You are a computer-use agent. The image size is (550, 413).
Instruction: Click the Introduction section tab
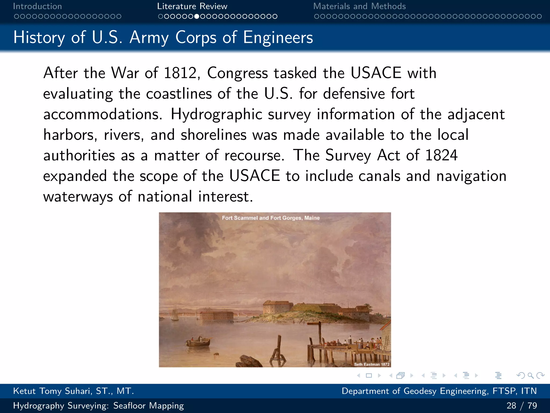pos(37,6)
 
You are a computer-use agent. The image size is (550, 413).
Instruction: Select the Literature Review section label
pos(192,6)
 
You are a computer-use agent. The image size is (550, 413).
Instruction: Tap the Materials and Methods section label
pos(359,6)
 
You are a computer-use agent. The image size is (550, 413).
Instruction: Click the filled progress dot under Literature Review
pos(197,16)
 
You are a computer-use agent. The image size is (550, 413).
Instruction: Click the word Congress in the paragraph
pos(237,73)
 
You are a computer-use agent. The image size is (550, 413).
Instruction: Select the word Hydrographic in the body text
pos(216,114)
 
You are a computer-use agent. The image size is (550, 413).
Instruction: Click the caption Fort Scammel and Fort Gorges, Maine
pos(271,218)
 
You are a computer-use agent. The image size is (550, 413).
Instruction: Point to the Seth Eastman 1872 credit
pos(372,364)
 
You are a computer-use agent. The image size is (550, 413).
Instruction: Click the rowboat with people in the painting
pos(198,342)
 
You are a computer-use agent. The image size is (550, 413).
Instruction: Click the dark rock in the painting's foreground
pos(248,361)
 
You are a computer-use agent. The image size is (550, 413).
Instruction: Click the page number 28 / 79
pos(522,405)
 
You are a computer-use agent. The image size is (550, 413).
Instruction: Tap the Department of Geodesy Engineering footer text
pos(439,391)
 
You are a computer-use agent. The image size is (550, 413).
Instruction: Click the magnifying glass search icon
pos(530,375)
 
